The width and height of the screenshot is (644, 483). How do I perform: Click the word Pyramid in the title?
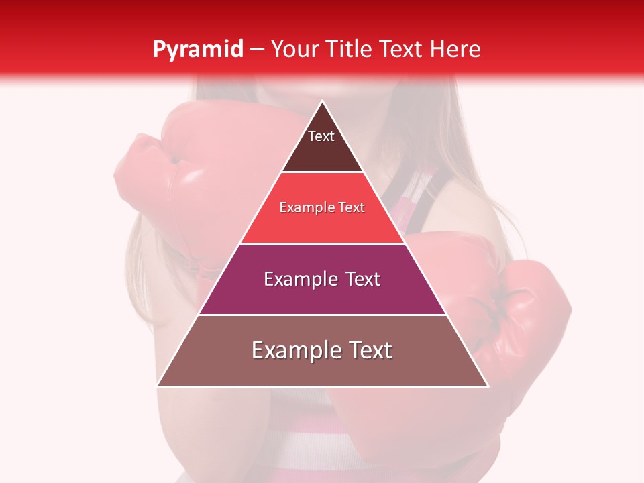click(x=197, y=50)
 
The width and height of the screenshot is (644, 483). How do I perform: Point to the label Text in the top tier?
click(x=321, y=136)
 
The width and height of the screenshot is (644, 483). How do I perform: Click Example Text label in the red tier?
click(x=322, y=207)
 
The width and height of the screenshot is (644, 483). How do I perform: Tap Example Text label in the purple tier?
click(x=322, y=279)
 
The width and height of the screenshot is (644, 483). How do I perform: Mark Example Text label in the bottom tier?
click(x=322, y=350)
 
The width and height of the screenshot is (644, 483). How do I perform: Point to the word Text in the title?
click(x=402, y=49)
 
